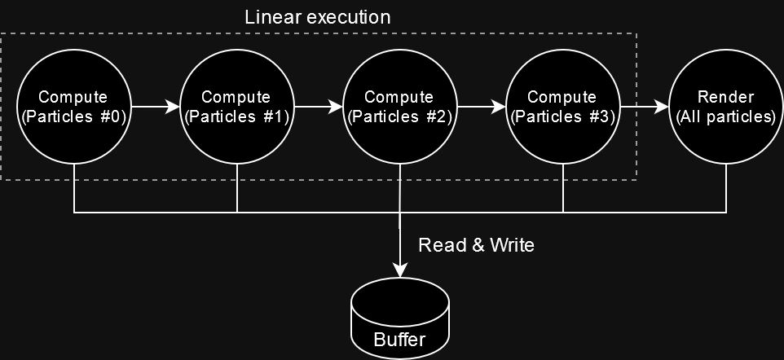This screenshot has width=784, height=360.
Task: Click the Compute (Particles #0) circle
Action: tap(74, 107)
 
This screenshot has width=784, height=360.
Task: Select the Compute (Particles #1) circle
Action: tap(237, 107)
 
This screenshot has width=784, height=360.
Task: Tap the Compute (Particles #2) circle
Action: tap(400, 107)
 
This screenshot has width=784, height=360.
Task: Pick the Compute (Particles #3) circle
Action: tap(563, 107)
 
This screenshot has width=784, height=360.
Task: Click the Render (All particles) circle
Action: tap(726, 107)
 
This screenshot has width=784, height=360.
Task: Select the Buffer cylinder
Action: tap(400, 318)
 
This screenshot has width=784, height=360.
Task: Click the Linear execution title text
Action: tap(318, 17)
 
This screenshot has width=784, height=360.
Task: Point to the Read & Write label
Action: tap(476, 245)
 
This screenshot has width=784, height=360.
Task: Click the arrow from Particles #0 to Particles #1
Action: tap(156, 107)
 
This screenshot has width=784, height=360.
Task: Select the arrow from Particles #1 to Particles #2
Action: tap(319, 107)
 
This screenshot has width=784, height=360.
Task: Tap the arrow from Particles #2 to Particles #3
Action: tap(482, 107)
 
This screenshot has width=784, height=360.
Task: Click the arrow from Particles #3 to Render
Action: tap(645, 107)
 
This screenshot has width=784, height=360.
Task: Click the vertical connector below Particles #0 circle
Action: tap(74, 188)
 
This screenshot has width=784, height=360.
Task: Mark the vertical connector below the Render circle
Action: tap(726, 188)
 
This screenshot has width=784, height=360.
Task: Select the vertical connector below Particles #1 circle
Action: tap(237, 188)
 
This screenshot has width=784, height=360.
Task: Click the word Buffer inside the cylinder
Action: tap(399, 340)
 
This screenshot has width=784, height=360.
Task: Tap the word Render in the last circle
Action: tap(725, 96)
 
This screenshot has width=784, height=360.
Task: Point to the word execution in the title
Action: tap(349, 17)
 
